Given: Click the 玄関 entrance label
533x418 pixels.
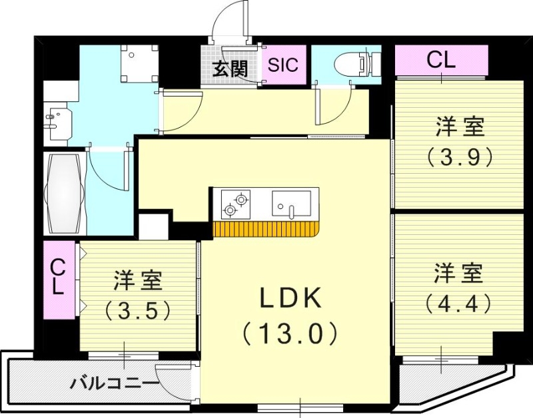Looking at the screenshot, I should [231, 69].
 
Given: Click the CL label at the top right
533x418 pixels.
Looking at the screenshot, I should [441, 61].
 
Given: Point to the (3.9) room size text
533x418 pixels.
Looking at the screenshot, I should [460, 157].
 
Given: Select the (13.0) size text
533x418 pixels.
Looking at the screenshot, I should [290, 332].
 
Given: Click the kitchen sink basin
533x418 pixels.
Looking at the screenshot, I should [291, 203].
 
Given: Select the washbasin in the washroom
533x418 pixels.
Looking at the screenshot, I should [56, 120].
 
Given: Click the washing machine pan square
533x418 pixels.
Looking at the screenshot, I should [139, 63].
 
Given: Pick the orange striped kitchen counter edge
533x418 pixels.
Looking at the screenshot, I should [266, 230].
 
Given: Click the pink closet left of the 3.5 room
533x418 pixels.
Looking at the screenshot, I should [59, 279].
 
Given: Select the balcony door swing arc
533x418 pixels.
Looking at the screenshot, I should [172, 381].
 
